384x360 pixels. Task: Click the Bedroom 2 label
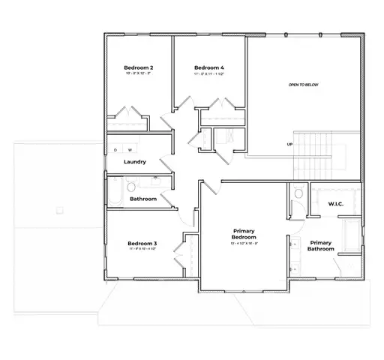(139, 67)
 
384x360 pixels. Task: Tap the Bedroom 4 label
(208, 67)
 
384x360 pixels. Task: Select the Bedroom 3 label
(142, 243)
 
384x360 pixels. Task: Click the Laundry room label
(135, 162)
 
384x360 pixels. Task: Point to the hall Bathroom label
(142, 199)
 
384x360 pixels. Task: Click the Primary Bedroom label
(244, 234)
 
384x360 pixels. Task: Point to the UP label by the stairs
(289, 144)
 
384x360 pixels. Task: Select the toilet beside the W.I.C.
(298, 193)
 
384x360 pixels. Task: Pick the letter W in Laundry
(128, 151)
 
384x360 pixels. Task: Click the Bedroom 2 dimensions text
(139, 73)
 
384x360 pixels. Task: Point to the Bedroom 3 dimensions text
(142, 249)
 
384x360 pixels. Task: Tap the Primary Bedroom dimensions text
(244, 244)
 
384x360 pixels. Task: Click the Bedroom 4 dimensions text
(208, 73)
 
